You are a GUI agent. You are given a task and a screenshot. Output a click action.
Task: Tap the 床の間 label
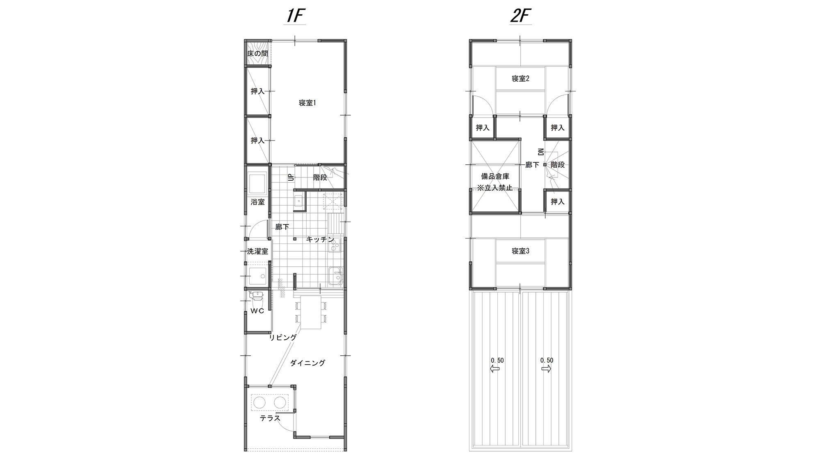257,54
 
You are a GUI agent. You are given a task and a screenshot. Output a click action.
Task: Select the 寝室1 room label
307,103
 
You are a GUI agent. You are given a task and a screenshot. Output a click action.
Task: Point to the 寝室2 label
520,78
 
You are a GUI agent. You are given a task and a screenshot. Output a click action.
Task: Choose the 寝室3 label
520,251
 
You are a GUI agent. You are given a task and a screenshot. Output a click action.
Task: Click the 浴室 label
257,202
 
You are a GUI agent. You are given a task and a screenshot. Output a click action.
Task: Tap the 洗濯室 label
257,251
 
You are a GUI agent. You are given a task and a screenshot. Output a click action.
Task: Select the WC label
257,311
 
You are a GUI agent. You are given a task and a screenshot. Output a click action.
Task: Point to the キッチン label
320,239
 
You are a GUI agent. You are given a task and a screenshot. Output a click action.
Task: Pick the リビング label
283,338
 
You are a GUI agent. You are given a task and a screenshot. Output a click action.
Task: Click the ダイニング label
307,363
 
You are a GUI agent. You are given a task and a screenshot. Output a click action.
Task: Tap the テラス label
270,418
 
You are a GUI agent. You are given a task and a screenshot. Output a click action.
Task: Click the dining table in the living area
311,312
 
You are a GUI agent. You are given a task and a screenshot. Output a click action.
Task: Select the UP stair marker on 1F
291,177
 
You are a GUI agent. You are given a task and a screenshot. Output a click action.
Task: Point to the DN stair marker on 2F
541,152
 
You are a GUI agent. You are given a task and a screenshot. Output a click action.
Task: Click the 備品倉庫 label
495,177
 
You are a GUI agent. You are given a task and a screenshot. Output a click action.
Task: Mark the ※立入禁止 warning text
495,188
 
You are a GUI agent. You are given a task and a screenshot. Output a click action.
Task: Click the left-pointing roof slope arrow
495,369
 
